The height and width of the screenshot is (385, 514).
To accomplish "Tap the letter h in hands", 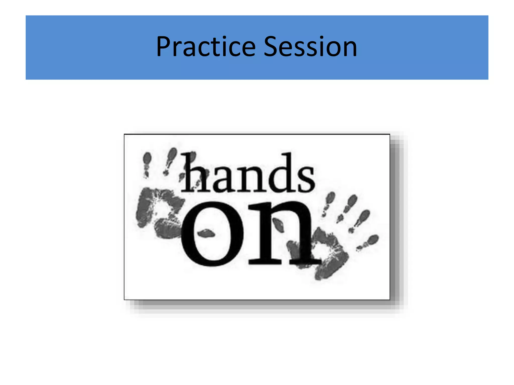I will [x=195, y=173].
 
